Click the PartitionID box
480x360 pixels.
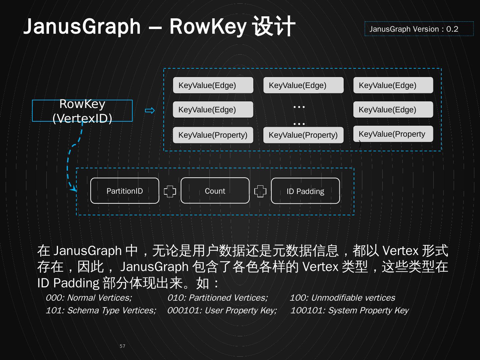click(125, 191)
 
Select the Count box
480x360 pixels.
click(215, 191)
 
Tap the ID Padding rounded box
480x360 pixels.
click(305, 191)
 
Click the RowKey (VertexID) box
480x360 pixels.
click(82, 111)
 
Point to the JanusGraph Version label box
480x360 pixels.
click(419, 29)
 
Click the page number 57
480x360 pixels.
click(122, 346)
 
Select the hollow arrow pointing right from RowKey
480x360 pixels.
click(150, 111)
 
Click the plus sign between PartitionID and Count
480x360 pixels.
click(170, 191)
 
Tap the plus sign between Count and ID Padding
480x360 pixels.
click(260, 191)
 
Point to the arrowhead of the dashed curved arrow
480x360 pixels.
click(74, 189)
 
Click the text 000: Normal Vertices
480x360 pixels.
click(89, 298)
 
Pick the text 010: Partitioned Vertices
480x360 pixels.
click(217, 298)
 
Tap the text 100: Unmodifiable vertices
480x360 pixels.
click(342, 298)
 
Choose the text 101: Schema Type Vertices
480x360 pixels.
click(101, 310)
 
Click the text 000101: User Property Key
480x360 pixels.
click(222, 310)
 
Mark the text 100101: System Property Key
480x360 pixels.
click(349, 310)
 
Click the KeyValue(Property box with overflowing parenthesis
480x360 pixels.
click(393, 134)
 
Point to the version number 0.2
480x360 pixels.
click(452, 29)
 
